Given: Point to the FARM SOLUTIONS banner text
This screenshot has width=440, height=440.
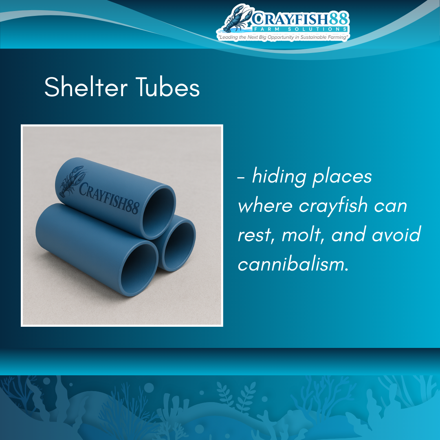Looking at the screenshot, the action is [x=301, y=29].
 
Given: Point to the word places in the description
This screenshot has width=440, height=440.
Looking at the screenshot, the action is [x=342, y=177].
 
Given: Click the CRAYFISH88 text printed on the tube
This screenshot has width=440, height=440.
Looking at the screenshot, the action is [x=109, y=197].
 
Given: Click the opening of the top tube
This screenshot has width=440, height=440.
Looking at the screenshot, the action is [x=158, y=213].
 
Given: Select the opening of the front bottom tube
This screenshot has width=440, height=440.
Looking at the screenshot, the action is [x=139, y=269].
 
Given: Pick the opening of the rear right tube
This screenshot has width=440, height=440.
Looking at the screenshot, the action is [x=179, y=243].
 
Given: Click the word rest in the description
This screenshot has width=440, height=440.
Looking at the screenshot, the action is [x=255, y=235].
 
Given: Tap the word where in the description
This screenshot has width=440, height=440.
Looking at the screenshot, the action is [x=265, y=205].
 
